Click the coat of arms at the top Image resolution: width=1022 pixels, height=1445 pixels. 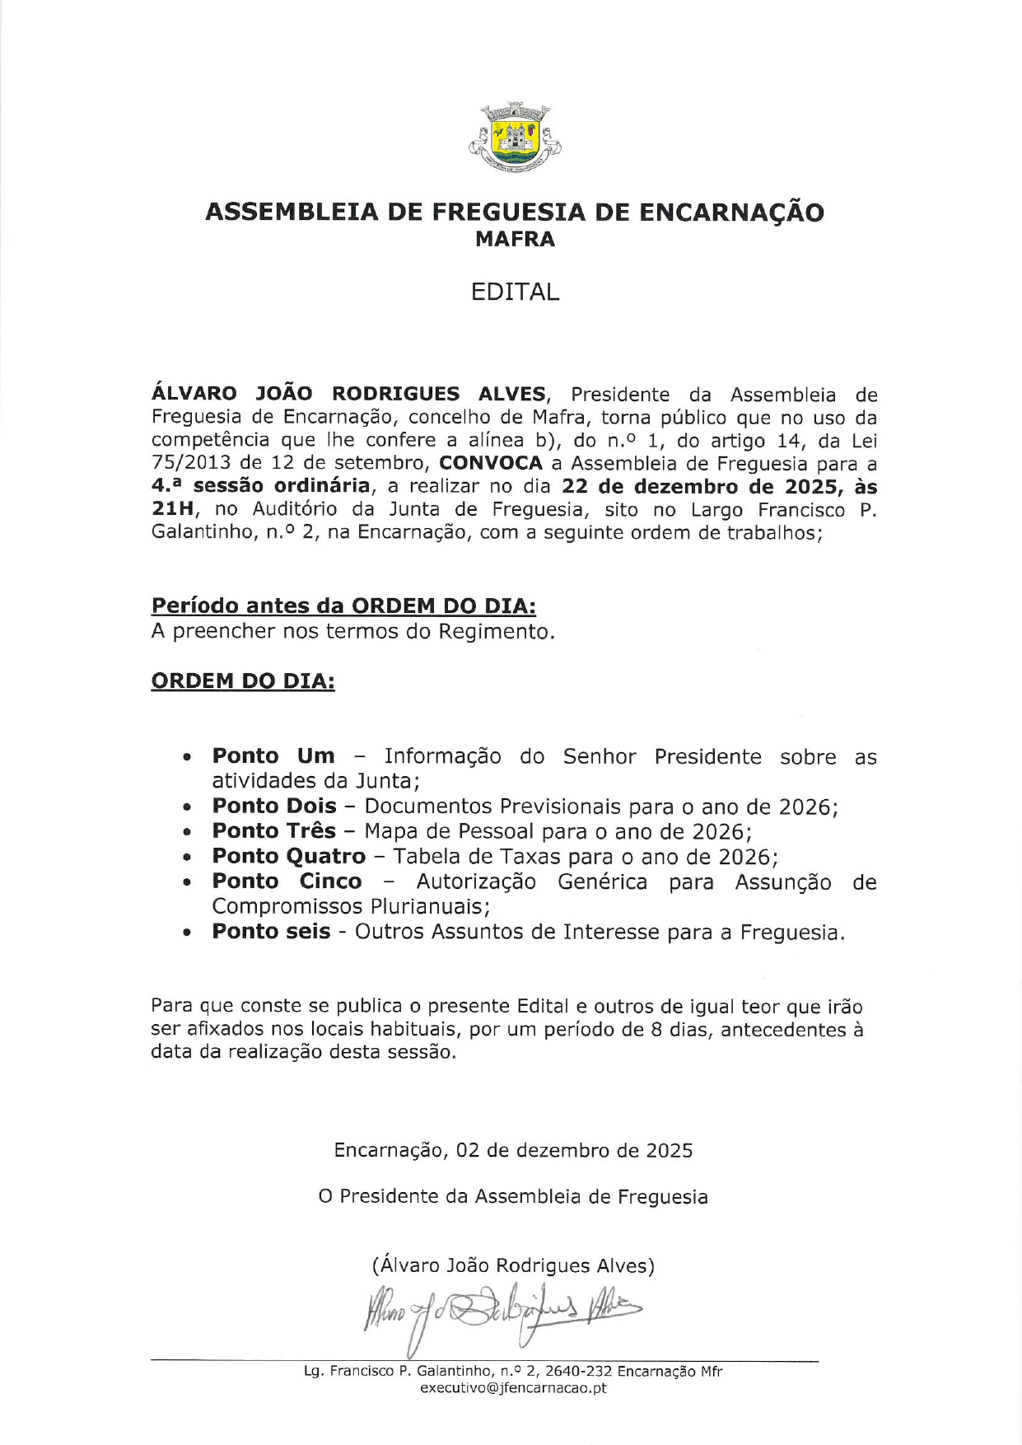click(515, 138)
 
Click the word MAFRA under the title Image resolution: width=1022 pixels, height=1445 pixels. click(516, 240)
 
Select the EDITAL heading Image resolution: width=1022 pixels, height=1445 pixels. click(516, 292)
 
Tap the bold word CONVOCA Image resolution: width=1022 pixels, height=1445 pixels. click(491, 464)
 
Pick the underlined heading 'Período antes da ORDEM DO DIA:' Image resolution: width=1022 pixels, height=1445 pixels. click(343, 606)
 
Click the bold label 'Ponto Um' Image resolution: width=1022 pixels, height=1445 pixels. click(273, 756)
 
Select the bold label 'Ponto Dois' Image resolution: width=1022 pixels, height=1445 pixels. click(274, 806)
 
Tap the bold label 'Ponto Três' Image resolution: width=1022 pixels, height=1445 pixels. click(274, 830)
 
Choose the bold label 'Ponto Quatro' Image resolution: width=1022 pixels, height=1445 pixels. click(289, 857)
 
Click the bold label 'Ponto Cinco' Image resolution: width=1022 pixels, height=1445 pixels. click(287, 881)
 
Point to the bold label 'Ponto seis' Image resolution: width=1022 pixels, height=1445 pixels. click(271, 932)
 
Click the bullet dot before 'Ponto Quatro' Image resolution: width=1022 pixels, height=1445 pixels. click(189, 858)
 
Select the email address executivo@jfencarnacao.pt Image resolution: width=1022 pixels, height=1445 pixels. click(513, 1388)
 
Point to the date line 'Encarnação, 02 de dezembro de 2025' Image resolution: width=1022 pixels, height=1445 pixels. click(513, 1150)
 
